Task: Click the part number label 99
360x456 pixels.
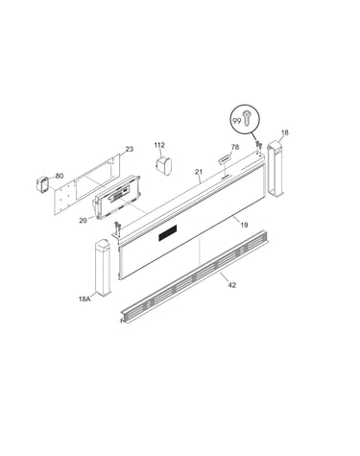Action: (237, 121)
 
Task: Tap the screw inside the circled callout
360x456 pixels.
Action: (247, 117)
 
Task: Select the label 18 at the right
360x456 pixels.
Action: (284, 132)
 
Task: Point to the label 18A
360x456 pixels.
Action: (84, 300)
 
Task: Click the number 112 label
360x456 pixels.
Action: (159, 145)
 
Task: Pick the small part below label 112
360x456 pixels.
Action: (163, 165)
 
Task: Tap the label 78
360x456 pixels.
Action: (235, 147)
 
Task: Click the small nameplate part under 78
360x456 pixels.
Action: (225, 158)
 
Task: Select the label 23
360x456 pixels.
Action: (130, 149)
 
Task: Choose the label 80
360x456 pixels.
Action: (60, 176)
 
